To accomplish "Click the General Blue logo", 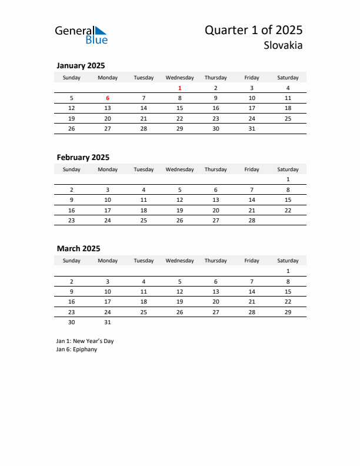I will [81, 35].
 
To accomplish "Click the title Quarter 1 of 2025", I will [254, 31].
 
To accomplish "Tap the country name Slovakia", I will [284, 45].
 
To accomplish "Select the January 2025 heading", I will [81, 66].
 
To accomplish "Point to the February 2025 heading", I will [83, 157].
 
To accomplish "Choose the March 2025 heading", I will [78, 249].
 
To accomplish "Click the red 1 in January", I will [179, 88].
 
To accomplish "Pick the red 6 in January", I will [108, 98].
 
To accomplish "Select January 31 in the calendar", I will [252, 128].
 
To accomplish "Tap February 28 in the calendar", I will [252, 220].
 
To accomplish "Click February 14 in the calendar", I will [252, 200].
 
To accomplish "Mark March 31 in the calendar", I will [108, 322].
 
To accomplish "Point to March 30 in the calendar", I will [72, 322].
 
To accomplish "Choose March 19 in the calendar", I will [179, 301].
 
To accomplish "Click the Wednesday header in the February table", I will [179, 169].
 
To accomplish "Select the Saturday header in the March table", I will [288, 261].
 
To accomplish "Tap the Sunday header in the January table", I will [72, 78].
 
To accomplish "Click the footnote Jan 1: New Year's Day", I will [85, 341].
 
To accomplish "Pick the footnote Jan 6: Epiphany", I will [76, 349].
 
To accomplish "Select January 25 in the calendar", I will [288, 118].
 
